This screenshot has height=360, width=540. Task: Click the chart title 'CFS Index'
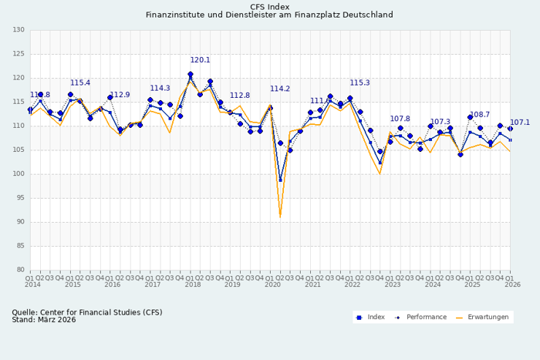click(x=270, y=6)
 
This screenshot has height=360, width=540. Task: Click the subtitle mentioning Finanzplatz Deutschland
click(x=270, y=15)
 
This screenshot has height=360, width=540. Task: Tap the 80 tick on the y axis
click(x=20, y=270)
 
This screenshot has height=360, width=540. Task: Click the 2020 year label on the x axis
click(x=273, y=285)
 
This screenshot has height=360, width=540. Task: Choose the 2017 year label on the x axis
click(x=153, y=285)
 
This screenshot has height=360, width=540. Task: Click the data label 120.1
click(x=201, y=60)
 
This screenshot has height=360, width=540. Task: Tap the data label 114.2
click(x=280, y=89)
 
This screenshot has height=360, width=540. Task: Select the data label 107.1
click(x=520, y=123)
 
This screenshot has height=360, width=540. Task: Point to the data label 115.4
click(x=80, y=82)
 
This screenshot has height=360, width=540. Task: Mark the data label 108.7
click(x=480, y=115)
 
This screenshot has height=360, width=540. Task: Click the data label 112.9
click(x=120, y=95)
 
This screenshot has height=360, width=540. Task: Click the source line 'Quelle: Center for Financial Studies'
click(x=87, y=312)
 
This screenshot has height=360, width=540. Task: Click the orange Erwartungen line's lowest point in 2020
click(x=280, y=217)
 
